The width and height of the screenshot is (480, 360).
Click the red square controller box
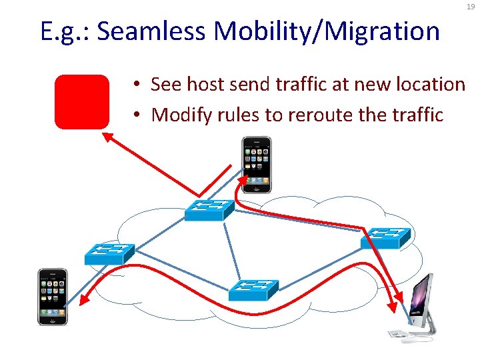[x=81, y=101]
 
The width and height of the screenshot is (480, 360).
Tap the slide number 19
[x=471, y=7]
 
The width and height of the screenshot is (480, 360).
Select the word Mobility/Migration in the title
[x=327, y=31]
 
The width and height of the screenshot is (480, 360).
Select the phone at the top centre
[x=257, y=165]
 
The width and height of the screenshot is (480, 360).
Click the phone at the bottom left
[x=53, y=296]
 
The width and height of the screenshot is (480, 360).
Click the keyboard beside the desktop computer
[x=398, y=333]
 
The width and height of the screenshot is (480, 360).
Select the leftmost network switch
[x=109, y=253]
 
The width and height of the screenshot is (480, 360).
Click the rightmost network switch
[x=385, y=237]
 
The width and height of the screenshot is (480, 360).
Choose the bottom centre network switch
[x=253, y=290]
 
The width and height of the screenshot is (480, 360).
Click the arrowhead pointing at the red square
[x=106, y=136]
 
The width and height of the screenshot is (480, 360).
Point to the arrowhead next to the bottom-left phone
[x=84, y=301]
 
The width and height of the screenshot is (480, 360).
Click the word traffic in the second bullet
[x=417, y=115]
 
